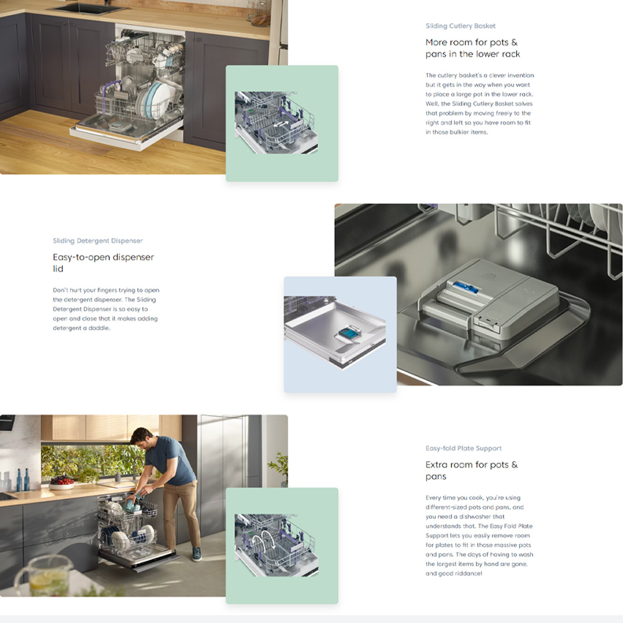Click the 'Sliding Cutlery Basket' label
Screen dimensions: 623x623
point(460,26)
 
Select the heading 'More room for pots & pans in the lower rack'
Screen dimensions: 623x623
point(473,48)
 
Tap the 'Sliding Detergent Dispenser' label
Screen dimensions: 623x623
point(97,241)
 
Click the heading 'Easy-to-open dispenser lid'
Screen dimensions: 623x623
point(103,262)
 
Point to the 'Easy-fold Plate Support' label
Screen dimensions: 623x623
point(464,448)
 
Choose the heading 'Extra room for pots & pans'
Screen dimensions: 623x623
point(472,471)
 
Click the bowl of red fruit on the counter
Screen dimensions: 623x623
point(61,483)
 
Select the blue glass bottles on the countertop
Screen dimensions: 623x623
point(22,479)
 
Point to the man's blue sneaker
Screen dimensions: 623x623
point(197,553)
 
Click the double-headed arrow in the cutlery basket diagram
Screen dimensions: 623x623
point(282,125)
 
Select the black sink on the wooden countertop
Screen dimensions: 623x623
point(91,7)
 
